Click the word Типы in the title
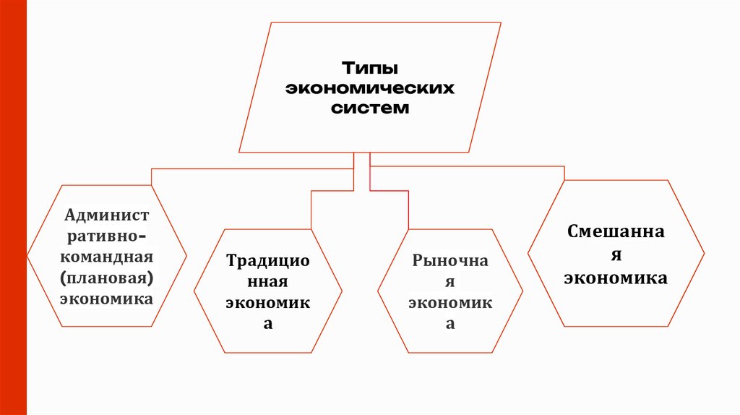point(370,69)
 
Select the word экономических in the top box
point(369,89)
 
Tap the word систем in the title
point(370,108)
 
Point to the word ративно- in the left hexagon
point(107,236)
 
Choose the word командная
point(107,257)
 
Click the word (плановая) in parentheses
point(107,277)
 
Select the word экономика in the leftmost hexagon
point(107,298)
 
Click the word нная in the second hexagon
point(267,281)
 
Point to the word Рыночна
point(450,260)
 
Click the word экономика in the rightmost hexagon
point(616,278)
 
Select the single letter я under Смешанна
point(616,255)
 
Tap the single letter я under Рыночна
point(450,282)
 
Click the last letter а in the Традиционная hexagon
point(267,324)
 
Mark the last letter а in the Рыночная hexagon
point(450,325)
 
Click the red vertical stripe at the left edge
point(13,208)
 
